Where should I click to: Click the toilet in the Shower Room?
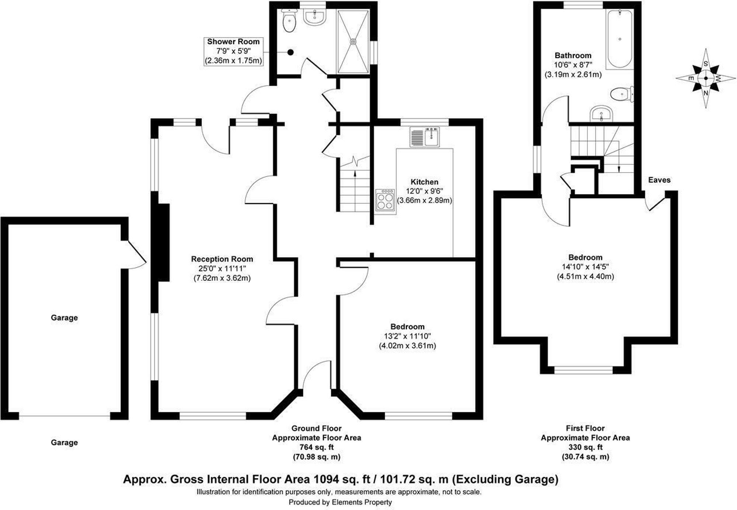click(x=289, y=21)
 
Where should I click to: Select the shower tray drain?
click(x=353, y=41)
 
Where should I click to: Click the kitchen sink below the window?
click(x=425, y=136)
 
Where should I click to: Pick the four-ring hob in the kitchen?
click(x=385, y=201)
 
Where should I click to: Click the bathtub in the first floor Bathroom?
click(x=620, y=39)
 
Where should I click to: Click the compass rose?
click(x=706, y=78)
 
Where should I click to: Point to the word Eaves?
click(x=659, y=180)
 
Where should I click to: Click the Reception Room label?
click(x=222, y=259)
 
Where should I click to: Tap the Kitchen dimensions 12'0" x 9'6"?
click(x=425, y=191)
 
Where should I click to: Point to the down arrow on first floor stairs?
click(x=619, y=168)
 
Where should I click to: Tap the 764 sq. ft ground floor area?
click(x=316, y=447)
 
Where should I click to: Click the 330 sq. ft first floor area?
click(x=585, y=447)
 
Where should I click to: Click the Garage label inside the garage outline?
click(x=64, y=318)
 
